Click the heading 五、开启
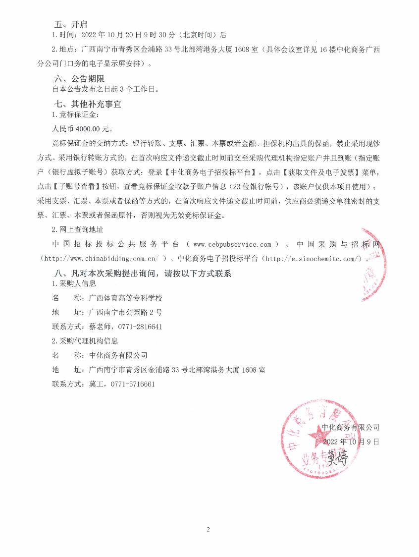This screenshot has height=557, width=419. pos(71,24)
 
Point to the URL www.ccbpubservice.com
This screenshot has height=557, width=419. pos(232,245)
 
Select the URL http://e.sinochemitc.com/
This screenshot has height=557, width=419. pos(312,258)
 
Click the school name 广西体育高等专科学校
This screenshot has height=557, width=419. pos(125,298)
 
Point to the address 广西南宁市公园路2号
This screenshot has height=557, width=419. pos(125,313)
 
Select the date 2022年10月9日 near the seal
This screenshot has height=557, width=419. pos(351,441)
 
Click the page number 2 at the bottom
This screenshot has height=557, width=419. pos(209,530)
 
